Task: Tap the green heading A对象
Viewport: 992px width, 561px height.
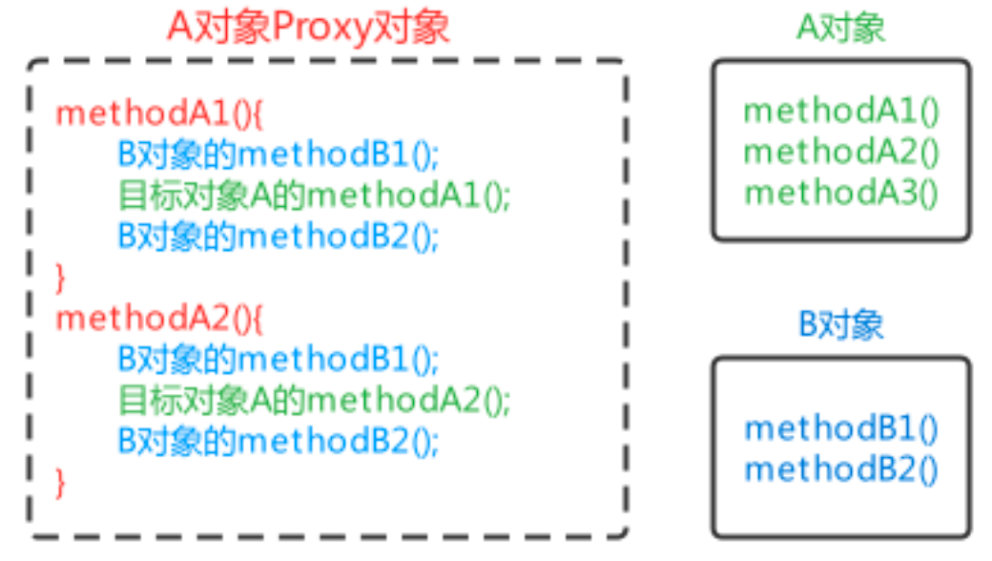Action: tap(840, 28)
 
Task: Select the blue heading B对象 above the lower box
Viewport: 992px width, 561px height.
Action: tap(840, 324)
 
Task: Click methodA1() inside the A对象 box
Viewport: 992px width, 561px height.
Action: tap(841, 111)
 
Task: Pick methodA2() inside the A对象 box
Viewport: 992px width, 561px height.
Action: tap(841, 152)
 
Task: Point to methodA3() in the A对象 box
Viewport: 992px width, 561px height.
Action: tap(841, 193)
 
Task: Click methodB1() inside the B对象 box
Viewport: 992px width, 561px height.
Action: tap(841, 427)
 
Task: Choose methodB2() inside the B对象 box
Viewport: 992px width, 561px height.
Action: tap(841, 468)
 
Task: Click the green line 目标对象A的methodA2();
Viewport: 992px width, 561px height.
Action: tap(315, 400)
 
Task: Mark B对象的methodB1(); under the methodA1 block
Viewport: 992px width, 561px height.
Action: tap(279, 154)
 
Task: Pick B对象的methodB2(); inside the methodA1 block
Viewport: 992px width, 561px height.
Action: tap(279, 236)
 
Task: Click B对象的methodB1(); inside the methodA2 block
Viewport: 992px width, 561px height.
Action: tap(279, 359)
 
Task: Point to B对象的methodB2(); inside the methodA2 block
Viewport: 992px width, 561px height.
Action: tap(279, 441)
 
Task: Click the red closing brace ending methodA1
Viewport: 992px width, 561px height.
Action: tap(62, 277)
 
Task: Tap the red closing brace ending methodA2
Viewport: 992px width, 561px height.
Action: tap(62, 482)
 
